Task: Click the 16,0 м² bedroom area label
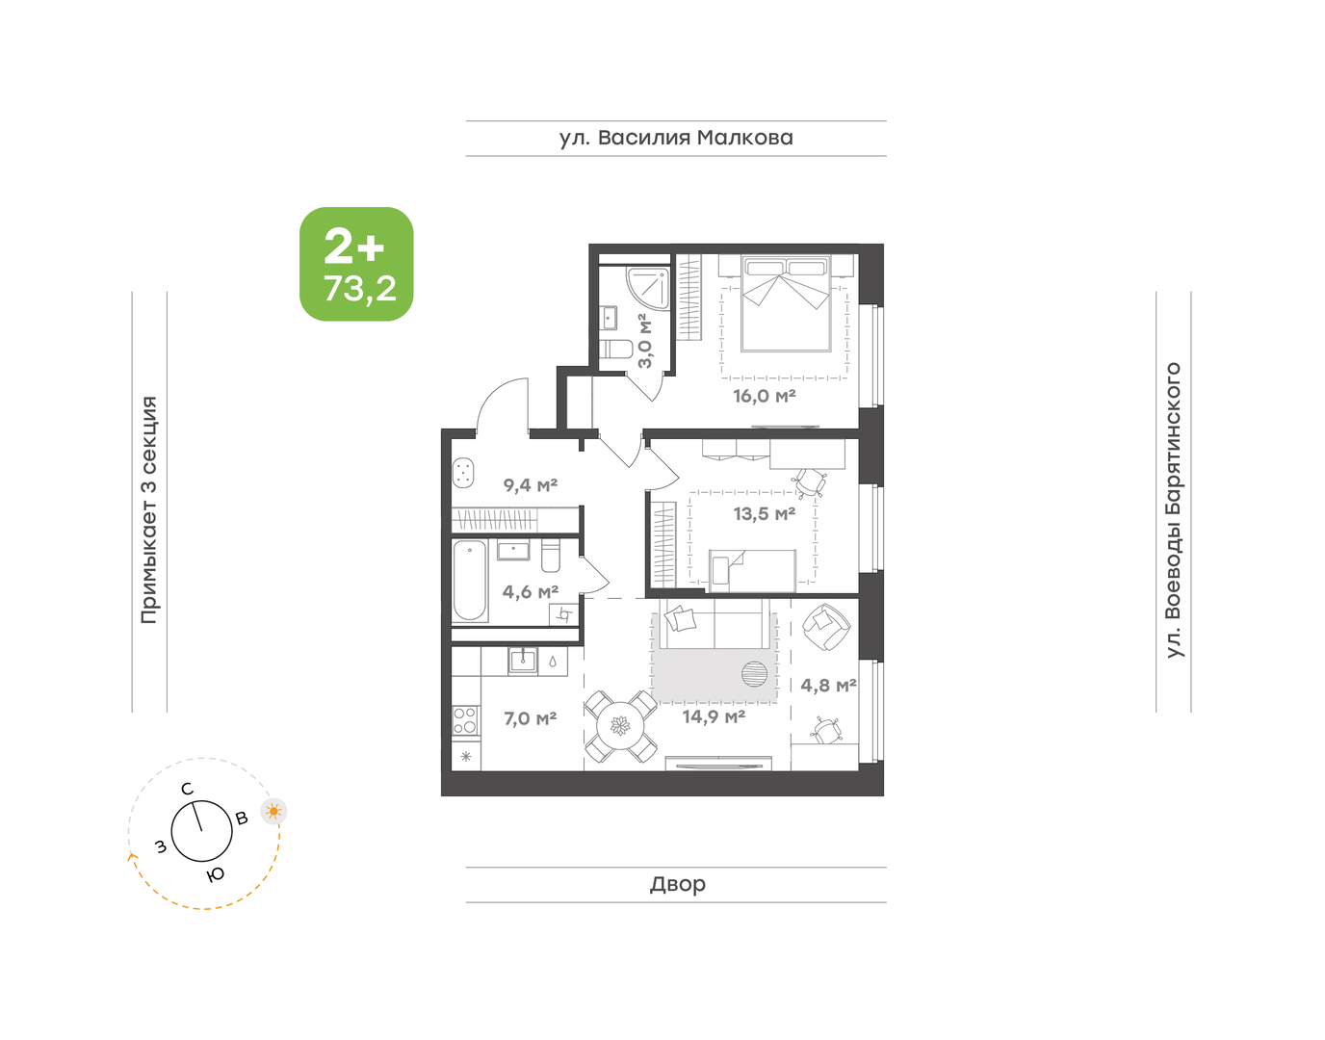(x=764, y=396)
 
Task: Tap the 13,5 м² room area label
(x=764, y=514)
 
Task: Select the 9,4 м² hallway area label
(x=530, y=485)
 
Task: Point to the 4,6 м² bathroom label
(x=530, y=592)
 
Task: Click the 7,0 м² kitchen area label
(x=530, y=718)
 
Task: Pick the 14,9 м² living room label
(x=714, y=716)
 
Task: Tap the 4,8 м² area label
(x=828, y=686)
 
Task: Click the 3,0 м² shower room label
(x=645, y=340)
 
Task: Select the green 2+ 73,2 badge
(x=356, y=264)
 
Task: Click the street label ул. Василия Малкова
(x=676, y=138)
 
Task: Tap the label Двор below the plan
(x=677, y=884)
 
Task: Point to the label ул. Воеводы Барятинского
(x=1173, y=510)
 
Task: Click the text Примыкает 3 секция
(x=149, y=510)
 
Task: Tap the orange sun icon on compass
(x=274, y=812)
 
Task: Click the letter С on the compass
(x=188, y=790)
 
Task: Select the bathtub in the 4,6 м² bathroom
(x=470, y=581)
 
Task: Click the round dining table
(x=621, y=727)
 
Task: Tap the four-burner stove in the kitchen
(x=464, y=720)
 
